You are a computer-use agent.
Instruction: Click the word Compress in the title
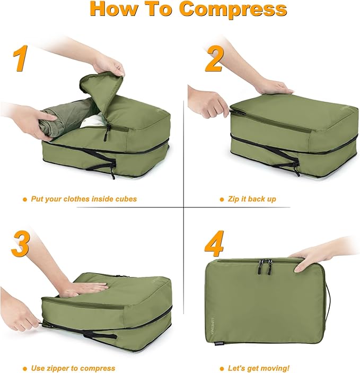233,10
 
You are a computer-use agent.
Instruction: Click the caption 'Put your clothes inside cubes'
83,199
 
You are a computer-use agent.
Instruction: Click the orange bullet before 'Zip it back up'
222,199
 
